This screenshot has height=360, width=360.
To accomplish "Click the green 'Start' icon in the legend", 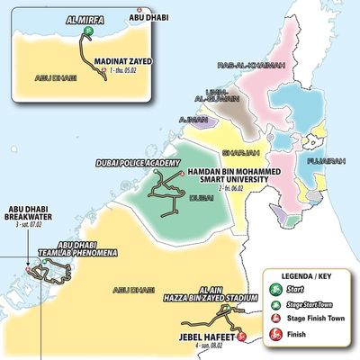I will click(278, 290).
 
